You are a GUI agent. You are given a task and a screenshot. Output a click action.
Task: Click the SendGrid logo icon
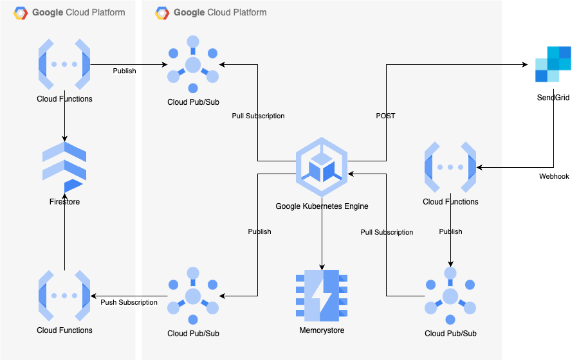tap(553, 64)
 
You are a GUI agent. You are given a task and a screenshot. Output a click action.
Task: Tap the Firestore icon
tap(64, 168)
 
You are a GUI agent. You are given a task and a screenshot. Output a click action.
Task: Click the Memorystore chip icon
tap(322, 296)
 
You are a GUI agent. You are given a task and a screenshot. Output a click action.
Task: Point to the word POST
tap(385, 116)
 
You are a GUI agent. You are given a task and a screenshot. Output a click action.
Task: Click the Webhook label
tap(554, 176)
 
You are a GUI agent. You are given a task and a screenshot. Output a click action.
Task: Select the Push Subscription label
tap(129, 302)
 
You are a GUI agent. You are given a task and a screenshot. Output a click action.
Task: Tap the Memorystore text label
tap(322, 330)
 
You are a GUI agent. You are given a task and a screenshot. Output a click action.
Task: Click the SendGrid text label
tap(553, 98)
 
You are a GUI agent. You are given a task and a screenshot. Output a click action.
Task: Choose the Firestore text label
tap(64, 202)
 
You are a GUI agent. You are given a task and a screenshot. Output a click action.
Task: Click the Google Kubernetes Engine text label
tap(322, 206)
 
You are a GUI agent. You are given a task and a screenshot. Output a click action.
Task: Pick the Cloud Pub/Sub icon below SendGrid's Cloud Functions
tap(450, 296)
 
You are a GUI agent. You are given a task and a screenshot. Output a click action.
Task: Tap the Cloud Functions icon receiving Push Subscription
tap(64, 296)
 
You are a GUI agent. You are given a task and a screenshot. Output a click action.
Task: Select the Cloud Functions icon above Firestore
tap(64, 64)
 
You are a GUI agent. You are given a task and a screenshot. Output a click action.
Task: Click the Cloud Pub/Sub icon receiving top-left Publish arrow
tap(193, 64)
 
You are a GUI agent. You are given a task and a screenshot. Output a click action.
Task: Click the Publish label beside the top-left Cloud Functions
tap(124, 71)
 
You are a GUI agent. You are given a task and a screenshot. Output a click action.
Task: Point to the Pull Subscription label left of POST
tap(258, 116)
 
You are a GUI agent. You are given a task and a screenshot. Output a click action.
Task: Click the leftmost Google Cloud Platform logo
tap(21, 12)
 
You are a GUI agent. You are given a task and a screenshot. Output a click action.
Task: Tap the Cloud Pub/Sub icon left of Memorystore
tap(193, 296)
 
